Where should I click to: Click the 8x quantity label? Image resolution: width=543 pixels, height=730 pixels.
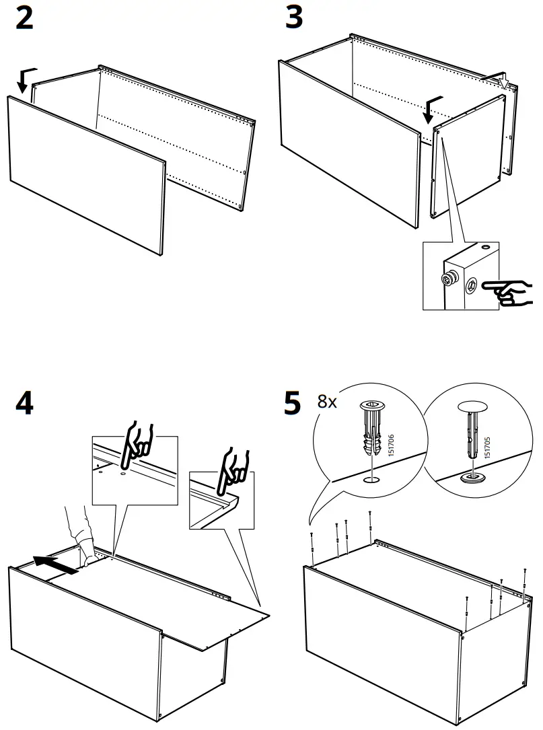click(327, 402)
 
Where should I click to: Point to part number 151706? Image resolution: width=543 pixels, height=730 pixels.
click(391, 446)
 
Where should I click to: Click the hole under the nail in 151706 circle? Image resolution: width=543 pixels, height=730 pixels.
click(369, 480)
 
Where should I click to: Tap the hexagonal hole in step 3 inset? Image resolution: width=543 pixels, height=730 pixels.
click(471, 285)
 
